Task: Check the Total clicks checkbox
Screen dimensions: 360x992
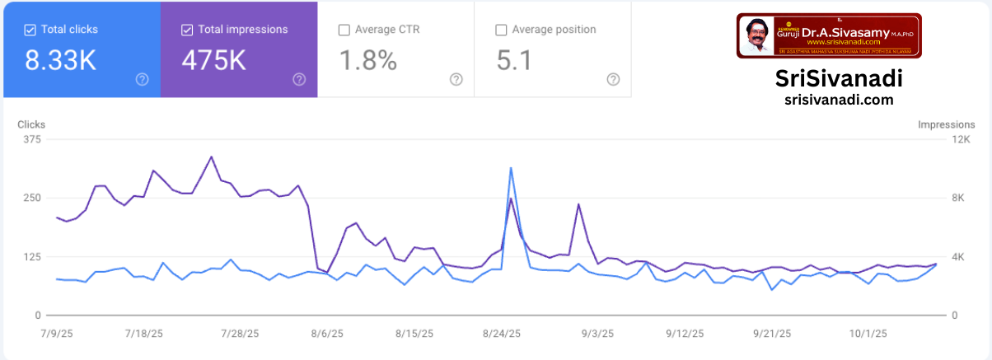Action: pyautogui.click(x=30, y=30)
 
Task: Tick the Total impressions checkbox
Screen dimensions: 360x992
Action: pyautogui.click(x=187, y=30)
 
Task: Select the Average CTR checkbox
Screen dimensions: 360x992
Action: pyautogui.click(x=344, y=30)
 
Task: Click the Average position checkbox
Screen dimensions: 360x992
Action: pyautogui.click(x=501, y=30)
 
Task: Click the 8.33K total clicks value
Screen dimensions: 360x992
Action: pyautogui.click(x=60, y=61)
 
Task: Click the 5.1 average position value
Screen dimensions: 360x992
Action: pyautogui.click(x=514, y=61)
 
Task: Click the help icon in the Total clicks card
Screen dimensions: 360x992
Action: pyautogui.click(x=143, y=79)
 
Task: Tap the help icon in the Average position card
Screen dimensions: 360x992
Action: pyautogui.click(x=613, y=79)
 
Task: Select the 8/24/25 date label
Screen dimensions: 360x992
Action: pyautogui.click(x=501, y=334)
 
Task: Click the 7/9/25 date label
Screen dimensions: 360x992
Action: pyautogui.click(x=56, y=334)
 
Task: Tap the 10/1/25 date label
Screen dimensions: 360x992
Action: pyautogui.click(x=868, y=334)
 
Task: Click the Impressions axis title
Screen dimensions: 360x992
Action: pyautogui.click(x=947, y=124)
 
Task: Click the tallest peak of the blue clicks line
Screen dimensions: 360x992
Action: pyautogui.click(x=511, y=168)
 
